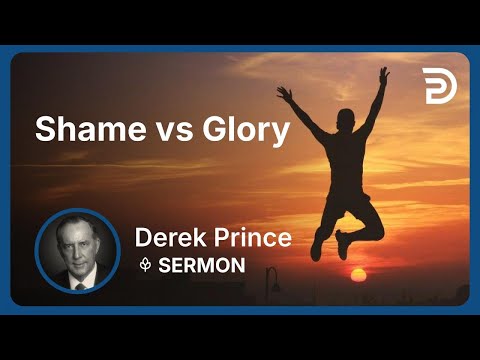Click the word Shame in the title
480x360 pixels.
[x=77, y=129]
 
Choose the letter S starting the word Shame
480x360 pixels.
[x=44, y=130]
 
